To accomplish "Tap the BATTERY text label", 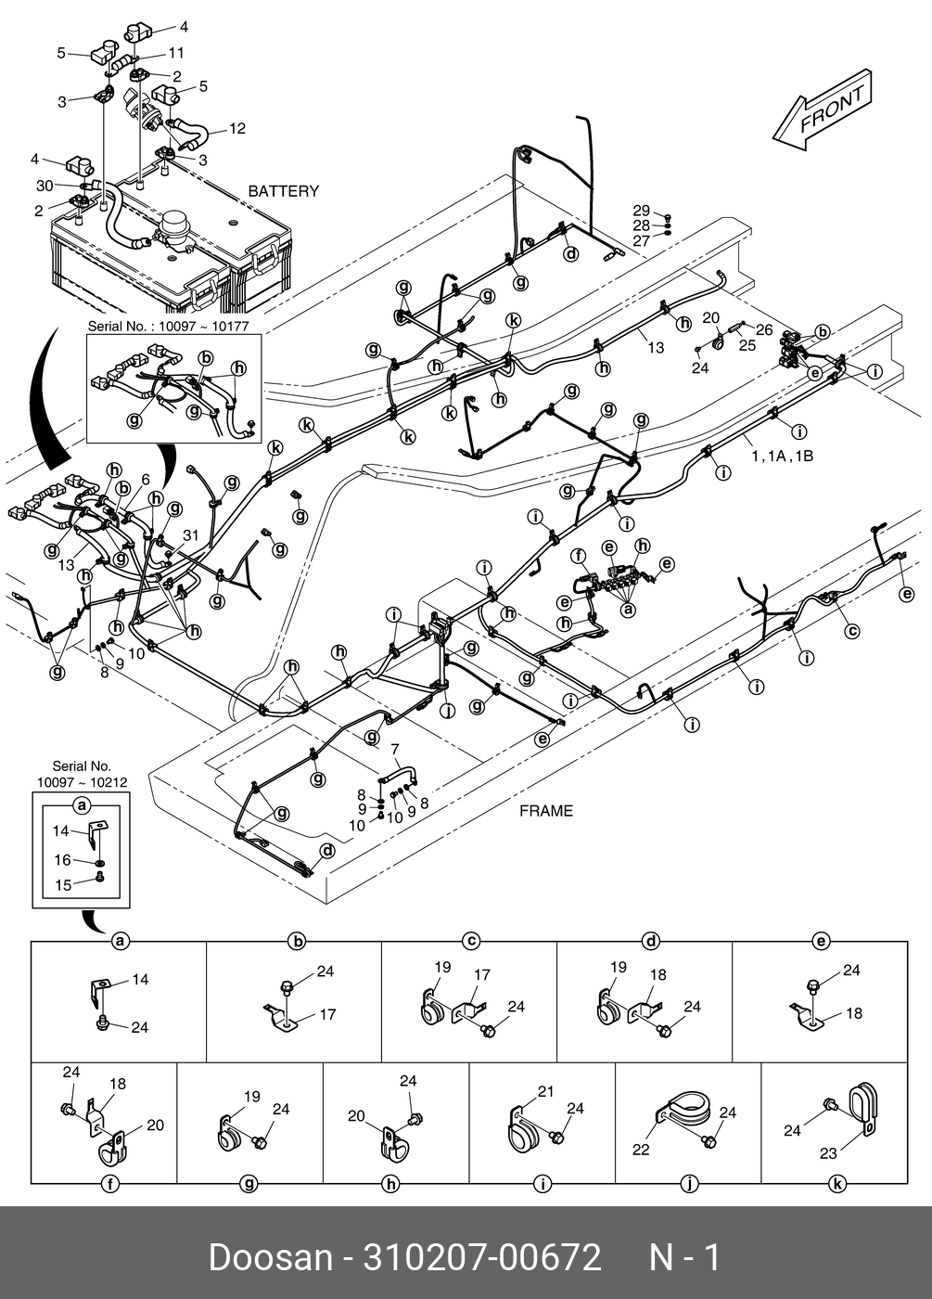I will [x=283, y=191].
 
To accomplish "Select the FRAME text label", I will [x=545, y=811].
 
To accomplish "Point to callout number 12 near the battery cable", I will [x=237, y=129].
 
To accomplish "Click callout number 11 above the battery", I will [x=175, y=54].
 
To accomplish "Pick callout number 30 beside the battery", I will [x=45, y=186].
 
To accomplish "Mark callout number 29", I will [x=642, y=211].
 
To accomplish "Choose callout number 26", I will [x=763, y=329].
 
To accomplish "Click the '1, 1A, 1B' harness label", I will [x=782, y=456].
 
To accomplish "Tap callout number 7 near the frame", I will [x=394, y=749].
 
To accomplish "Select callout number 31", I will [x=191, y=535].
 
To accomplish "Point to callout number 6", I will [x=146, y=480].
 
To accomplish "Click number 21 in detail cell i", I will [x=545, y=1091].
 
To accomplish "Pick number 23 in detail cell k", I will [x=827, y=1153].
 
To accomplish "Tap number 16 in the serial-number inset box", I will [x=62, y=860].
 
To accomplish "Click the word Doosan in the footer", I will [x=270, y=1258].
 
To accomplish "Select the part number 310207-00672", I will [x=482, y=1258].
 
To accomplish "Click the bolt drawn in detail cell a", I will [x=102, y=1022].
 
